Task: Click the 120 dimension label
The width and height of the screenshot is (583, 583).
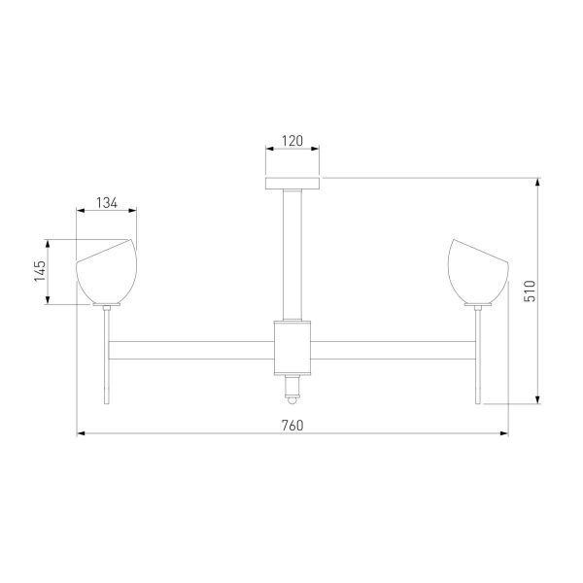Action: (x=292, y=140)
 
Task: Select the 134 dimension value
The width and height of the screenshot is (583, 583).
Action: (x=107, y=203)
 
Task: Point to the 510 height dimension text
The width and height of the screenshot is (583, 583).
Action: (x=530, y=291)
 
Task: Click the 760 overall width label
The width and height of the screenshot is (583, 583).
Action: (x=292, y=425)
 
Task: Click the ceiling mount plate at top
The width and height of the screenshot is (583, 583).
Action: (x=292, y=183)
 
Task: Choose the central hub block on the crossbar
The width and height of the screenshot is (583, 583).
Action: (x=292, y=348)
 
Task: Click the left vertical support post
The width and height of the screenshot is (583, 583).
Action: (x=108, y=356)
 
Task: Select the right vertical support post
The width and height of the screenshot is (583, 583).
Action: (x=477, y=356)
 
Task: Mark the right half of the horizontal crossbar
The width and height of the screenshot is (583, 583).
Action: (x=393, y=348)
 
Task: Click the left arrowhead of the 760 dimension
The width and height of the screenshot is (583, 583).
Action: (x=80, y=434)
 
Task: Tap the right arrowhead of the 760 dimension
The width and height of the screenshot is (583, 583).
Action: (x=505, y=434)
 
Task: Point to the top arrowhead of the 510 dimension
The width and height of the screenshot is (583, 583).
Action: (x=538, y=181)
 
